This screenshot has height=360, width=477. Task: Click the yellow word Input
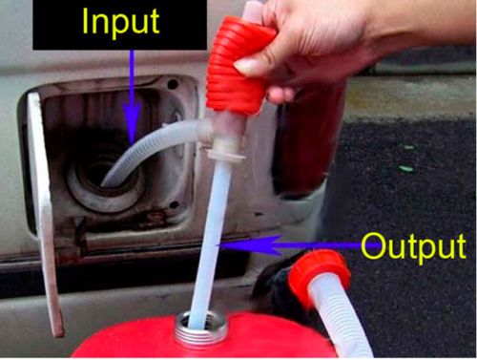(x=120, y=23)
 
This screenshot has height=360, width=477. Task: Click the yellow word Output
(x=413, y=246)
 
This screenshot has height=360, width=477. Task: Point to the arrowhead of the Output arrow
(x=249, y=245)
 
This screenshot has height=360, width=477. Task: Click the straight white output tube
(x=211, y=242)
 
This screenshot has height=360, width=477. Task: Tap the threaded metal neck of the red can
(x=201, y=329)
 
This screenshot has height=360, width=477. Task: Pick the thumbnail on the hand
(x=247, y=66)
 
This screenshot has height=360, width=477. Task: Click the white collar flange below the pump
(x=226, y=156)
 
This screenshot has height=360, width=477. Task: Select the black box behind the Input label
(x=120, y=25)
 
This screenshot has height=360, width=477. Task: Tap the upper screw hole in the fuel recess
(x=173, y=84)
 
